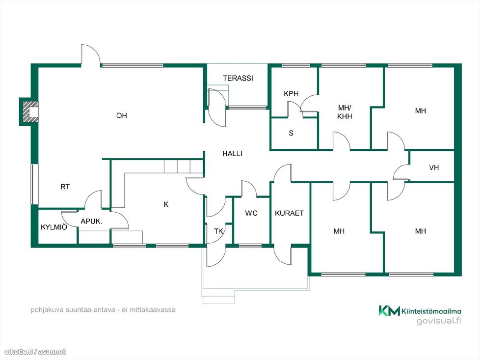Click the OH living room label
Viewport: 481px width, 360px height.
tap(122, 115)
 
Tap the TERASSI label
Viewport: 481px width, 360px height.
tap(238, 78)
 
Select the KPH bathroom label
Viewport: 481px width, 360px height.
tap(291, 94)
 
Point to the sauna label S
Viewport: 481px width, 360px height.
tap(291, 133)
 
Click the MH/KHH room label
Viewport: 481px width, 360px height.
tap(345, 112)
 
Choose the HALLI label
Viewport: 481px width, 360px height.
tap(232, 154)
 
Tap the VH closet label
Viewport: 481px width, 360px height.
tap(434, 167)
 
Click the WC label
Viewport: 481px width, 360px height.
tap(251, 213)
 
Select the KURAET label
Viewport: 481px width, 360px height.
tap(289, 213)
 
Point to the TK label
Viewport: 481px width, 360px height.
tap(218, 231)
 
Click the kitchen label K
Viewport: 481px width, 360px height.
tap(166, 204)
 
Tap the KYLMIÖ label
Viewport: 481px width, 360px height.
tap(54, 227)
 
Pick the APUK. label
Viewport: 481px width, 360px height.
tap(91, 221)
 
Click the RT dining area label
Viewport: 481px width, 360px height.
tap(65, 187)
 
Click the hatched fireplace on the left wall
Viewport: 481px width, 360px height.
tap(30, 111)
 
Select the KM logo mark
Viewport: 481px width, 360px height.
tap(389, 310)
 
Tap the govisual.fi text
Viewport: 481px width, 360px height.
tap(439, 321)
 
